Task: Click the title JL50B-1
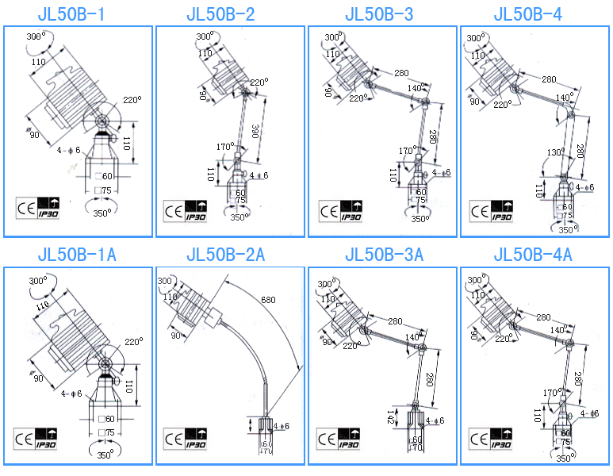pos(77,14)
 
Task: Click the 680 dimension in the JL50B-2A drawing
pos(268,300)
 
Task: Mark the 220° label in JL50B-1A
pos(132,342)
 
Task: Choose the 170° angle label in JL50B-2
pos(224,147)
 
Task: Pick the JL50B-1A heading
pos(77,255)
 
